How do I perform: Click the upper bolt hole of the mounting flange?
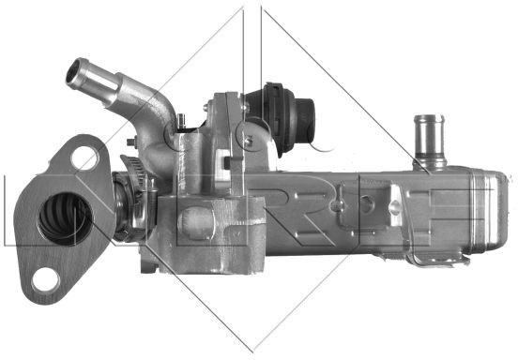point(84,158)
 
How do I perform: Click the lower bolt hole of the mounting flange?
point(46,281)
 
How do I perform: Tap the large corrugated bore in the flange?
point(66,219)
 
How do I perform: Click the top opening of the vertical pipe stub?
point(429,119)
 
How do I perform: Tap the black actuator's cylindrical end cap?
point(306,119)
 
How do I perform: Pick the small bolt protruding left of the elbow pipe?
point(131,142)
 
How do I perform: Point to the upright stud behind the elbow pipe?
point(181,122)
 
